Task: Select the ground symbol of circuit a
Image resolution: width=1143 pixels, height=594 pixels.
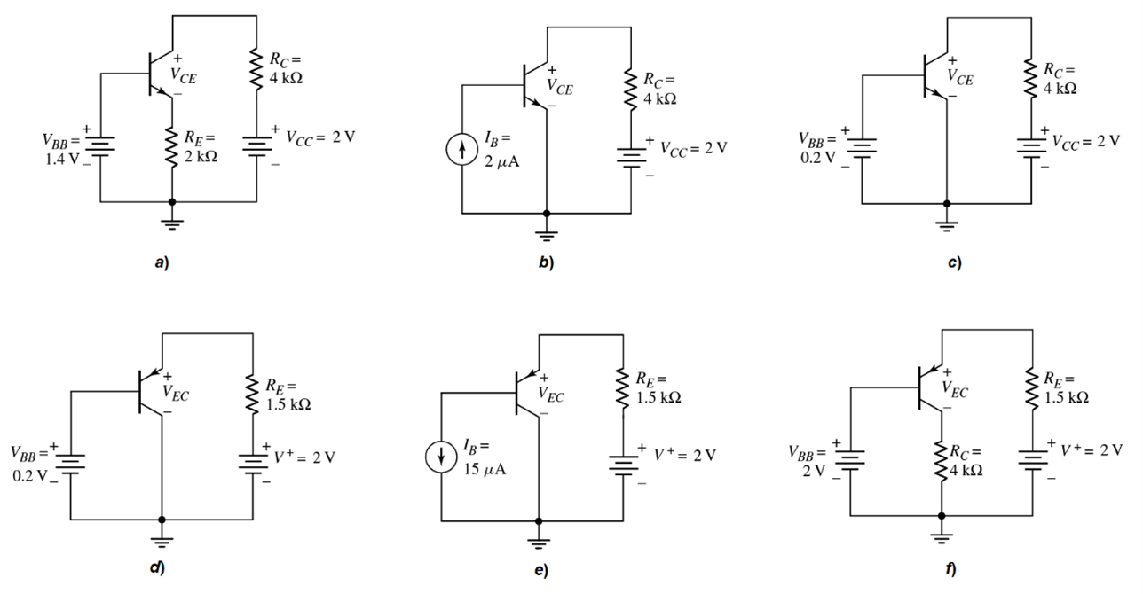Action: tap(171, 222)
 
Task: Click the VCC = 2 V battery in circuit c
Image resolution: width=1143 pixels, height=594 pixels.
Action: tap(1031, 145)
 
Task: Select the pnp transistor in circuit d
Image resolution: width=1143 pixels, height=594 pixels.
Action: tap(150, 390)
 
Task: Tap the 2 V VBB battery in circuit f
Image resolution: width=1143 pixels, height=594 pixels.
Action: tap(850, 459)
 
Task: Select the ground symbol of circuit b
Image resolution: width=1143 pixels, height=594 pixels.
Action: tap(546, 233)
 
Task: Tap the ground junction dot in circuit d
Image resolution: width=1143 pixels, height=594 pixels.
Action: tap(162, 520)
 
